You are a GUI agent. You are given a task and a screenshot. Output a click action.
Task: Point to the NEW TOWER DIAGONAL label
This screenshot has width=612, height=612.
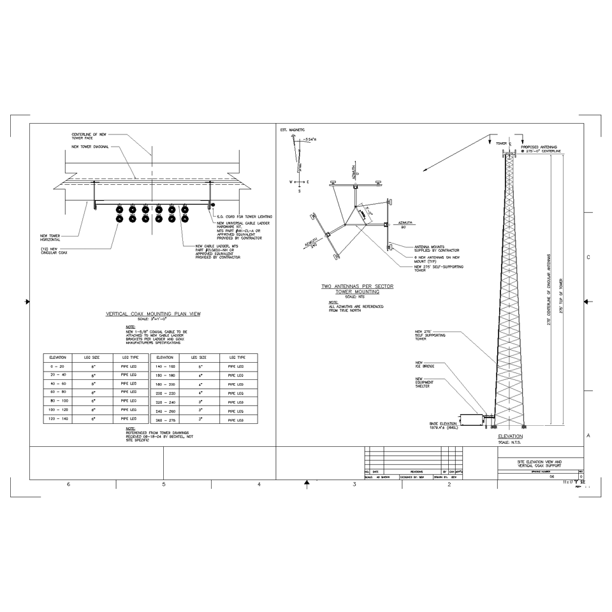tap(91, 147)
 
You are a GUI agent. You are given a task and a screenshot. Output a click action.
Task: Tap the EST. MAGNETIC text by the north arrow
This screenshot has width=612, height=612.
tap(293, 129)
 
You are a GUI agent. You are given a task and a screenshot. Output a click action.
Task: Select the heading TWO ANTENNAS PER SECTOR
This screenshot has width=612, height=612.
tap(357, 286)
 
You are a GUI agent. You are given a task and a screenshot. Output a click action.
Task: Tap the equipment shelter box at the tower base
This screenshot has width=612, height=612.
tap(471, 420)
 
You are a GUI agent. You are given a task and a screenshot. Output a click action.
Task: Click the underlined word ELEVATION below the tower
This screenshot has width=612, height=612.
tap(510, 437)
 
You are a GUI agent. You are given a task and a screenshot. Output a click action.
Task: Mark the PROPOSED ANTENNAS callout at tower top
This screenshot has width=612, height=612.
tap(541, 149)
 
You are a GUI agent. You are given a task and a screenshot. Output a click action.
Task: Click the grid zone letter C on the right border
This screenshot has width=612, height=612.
tap(587, 257)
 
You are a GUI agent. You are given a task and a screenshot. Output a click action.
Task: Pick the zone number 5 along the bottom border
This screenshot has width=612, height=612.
tap(164, 485)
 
